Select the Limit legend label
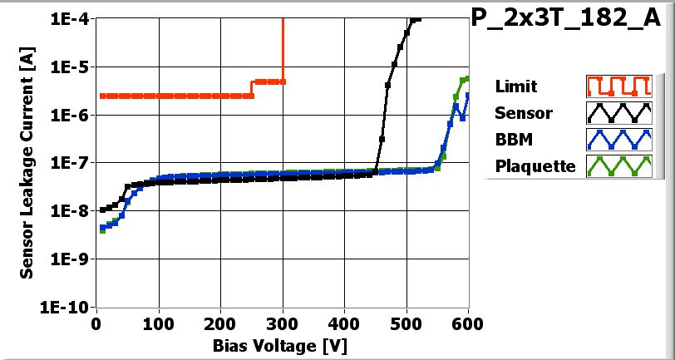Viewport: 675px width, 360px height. (x=515, y=86)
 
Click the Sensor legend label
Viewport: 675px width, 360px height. (x=520, y=112)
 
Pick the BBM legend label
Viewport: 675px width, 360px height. (x=514, y=139)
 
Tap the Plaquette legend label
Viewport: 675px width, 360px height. (x=535, y=165)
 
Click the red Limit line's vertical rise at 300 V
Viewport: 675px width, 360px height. (x=283, y=50)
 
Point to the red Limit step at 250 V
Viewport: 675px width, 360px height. (x=253, y=89)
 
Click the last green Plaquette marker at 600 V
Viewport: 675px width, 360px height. (x=466, y=79)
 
